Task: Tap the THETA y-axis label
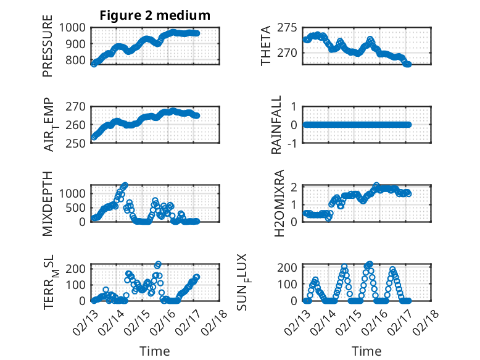(x=266, y=46)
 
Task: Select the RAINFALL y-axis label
(x=277, y=125)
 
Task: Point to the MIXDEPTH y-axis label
(x=48, y=203)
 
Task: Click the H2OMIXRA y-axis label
(x=278, y=203)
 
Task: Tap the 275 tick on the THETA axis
(x=290, y=27)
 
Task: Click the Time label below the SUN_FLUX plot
(x=366, y=351)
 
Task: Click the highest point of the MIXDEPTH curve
(x=125, y=185)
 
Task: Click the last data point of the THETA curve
(x=408, y=64)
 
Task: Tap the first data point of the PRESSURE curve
(x=94, y=64)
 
